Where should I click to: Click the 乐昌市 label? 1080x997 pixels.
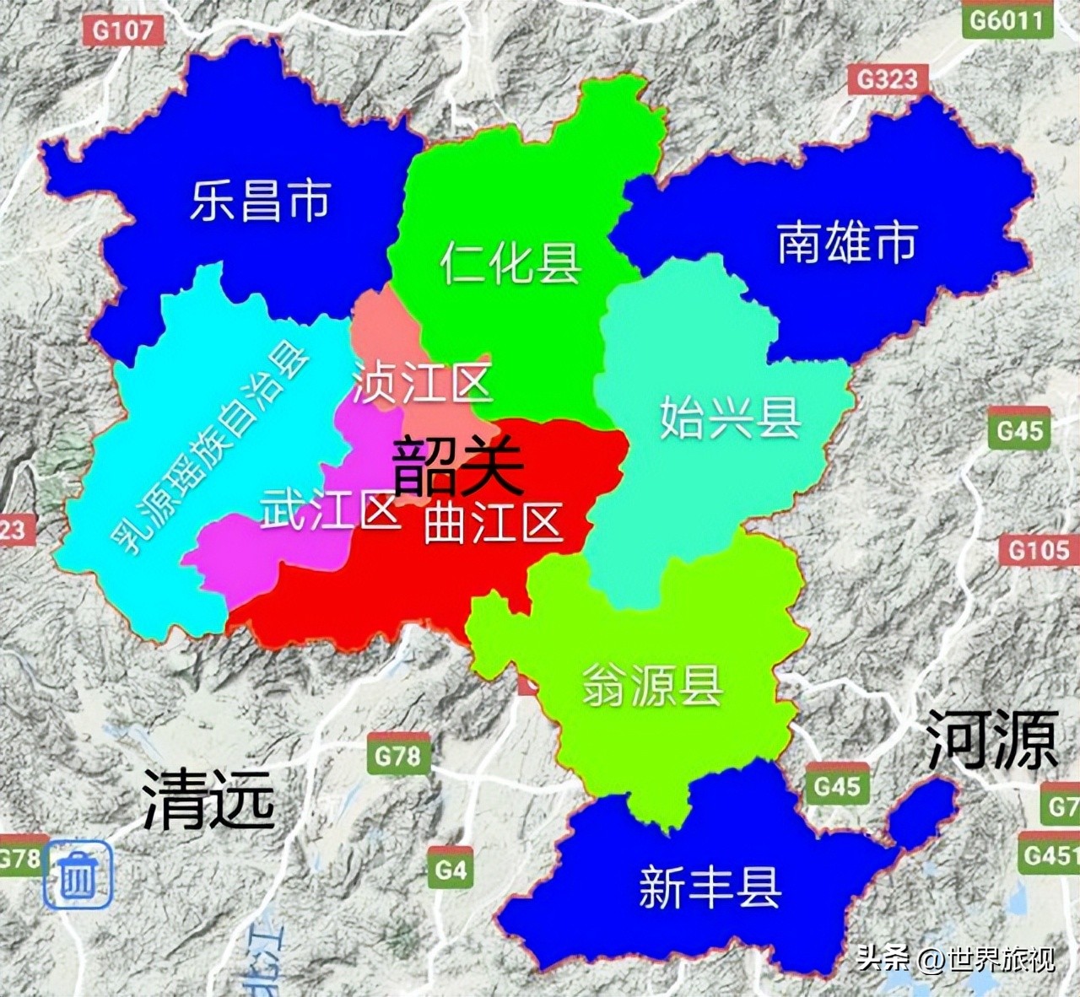(x=259, y=201)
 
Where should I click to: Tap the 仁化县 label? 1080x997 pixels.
(x=510, y=262)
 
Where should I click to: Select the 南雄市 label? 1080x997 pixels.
(x=846, y=243)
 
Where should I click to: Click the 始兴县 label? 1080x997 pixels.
(x=730, y=417)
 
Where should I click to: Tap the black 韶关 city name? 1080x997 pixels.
(x=458, y=466)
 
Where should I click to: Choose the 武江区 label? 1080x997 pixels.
(x=329, y=509)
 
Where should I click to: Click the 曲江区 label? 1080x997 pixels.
(x=493, y=523)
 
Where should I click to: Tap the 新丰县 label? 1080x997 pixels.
(x=709, y=887)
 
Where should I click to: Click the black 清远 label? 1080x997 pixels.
(x=208, y=798)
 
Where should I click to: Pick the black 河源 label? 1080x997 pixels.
(x=992, y=739)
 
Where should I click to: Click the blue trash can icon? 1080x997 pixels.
(x=78, y=875)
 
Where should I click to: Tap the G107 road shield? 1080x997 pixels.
(x=123, y=31)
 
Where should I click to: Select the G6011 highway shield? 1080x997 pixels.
(x=1007, y=19)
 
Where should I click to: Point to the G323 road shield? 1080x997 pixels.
(x=887, y=80)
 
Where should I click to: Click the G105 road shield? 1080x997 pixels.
(x=1039, y=551)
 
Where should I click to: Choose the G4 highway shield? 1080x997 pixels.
(x=451, y=869)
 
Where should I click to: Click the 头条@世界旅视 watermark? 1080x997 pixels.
(x=955, y=959)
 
